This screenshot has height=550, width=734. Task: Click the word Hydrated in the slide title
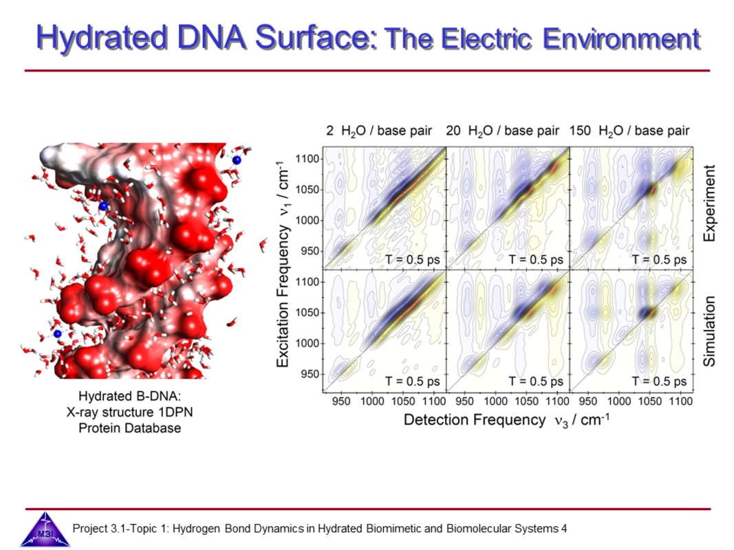click(x=102, y=37)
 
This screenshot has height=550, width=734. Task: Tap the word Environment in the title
click(x=621, y=38)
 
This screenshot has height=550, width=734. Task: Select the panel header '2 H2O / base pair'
click(x=379, y=131)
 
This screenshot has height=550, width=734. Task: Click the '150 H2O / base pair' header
click(x=629, y=131)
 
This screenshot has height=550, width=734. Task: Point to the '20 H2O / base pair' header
click(x=502, y=131)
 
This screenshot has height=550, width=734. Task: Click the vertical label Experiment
click(x=710, y=203)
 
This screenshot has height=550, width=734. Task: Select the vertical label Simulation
click(x=710, y=331)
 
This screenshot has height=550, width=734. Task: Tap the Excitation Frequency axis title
click(x=283, y=264)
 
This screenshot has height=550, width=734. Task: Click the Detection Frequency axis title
click(x=506, y=420)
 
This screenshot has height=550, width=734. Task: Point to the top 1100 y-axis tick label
click(x=307, y=159)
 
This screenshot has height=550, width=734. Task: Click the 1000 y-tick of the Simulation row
click(x=307, y=343)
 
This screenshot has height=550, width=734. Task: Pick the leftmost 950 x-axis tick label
click(x=341, y=401)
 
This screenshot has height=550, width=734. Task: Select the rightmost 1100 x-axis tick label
click(x=680, y=401)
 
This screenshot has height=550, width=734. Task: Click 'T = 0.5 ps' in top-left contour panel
click(x=413, y=260)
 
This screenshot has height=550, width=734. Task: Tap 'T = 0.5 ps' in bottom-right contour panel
click(x=659, y=382)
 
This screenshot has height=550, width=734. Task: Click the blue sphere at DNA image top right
click(x=237, y=160)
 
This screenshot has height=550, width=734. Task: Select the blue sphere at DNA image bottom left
click(x=58, y=333)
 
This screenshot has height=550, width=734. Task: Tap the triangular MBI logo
click(x=45, y=529)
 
